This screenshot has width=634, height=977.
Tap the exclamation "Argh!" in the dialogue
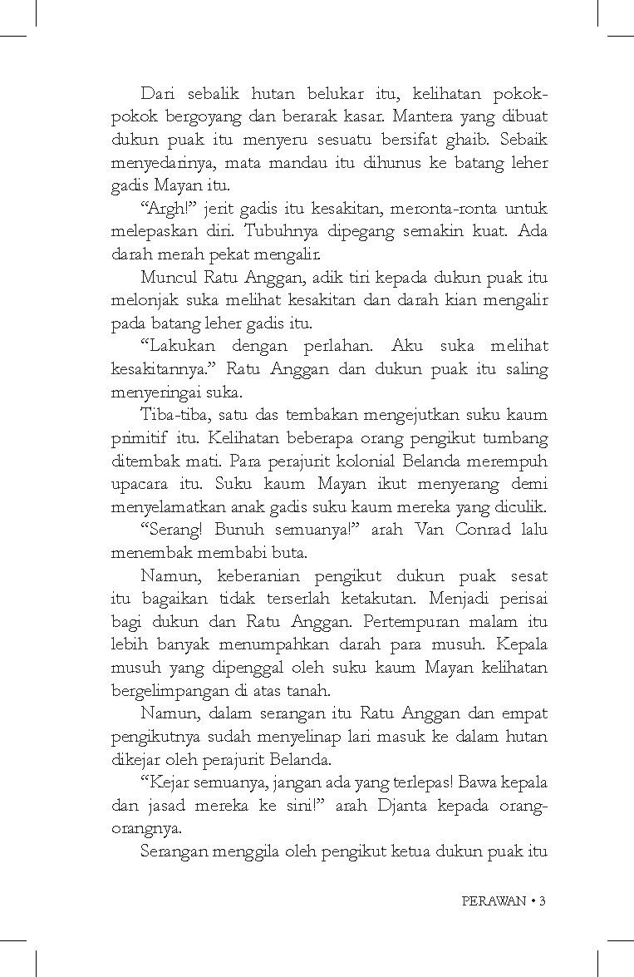tap(162, 207)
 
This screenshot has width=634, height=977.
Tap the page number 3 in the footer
tap(542, 901)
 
